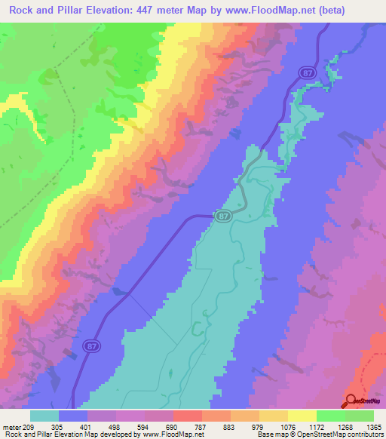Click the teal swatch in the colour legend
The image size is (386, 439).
click(x=44, y=416)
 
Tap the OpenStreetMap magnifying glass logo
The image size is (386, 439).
click(x=352, y=401)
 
